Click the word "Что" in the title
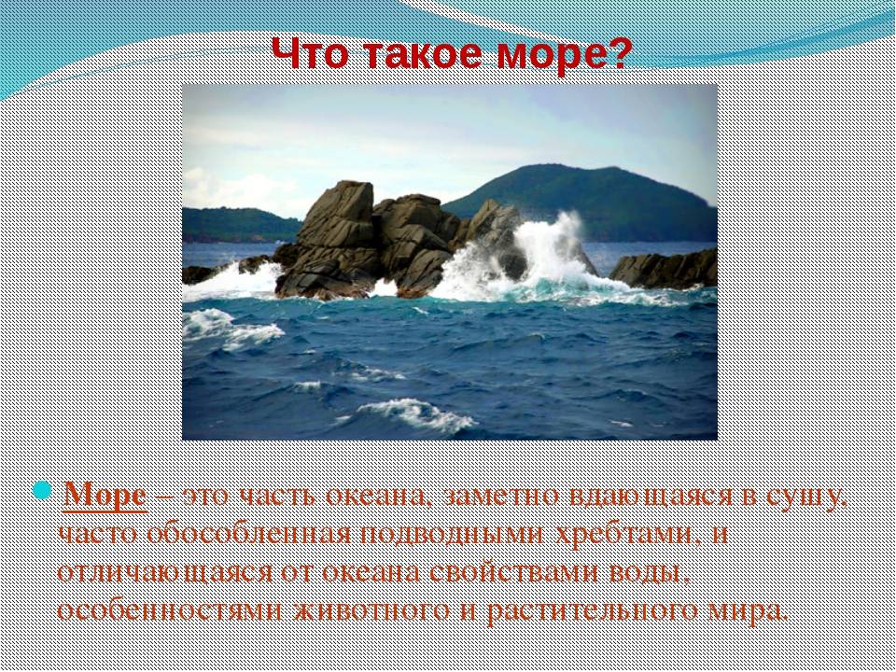click(x=309, y=53)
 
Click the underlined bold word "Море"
click(x=105, y=495)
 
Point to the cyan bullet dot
click(x=42, y=491)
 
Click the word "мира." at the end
click(x=748, y=610)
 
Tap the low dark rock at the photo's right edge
click(x=665, y=269)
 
